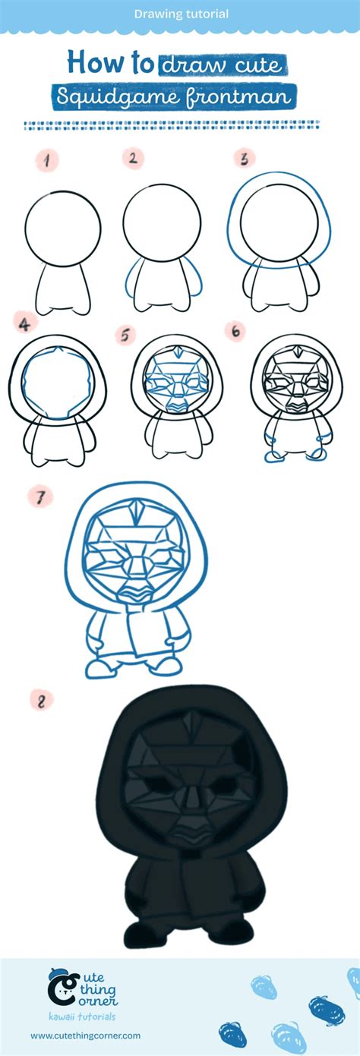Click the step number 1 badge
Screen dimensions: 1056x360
(x=47, y=160)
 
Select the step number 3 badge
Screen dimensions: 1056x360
(x=245, y=159)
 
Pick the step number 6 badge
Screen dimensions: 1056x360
(x=235, y=331)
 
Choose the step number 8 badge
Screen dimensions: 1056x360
(x=41, y=700)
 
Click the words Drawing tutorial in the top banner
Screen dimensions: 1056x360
(x=181, y=14)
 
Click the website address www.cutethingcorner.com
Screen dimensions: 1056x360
(x=85, y=1036)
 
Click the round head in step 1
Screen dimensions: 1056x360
(x=63, y=226)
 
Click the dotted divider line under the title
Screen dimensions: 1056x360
(x=172, y=125)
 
